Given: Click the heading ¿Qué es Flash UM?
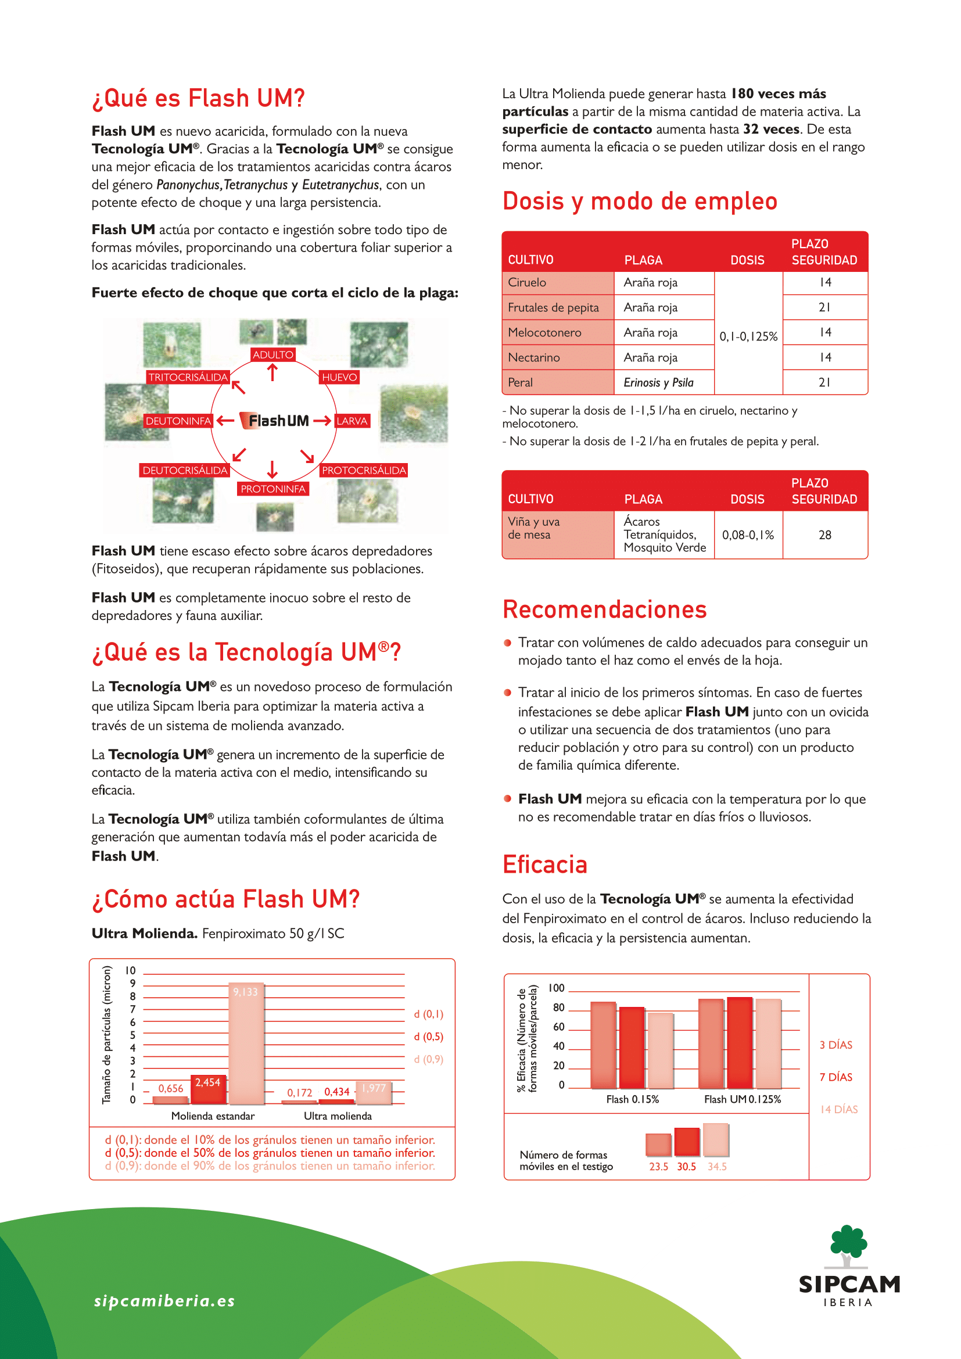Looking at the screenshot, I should click(x=198, y=98).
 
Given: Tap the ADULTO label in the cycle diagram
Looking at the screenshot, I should click(x=273, y=354).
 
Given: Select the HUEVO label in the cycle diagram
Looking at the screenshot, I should click(x=339, y=377).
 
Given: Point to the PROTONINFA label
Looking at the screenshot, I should click(x=273, y=489).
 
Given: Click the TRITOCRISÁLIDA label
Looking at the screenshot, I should click(x=188, y=377).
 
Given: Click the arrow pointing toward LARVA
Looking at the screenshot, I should click(x=322, y=421).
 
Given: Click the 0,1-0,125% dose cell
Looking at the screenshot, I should click(x=748, y=336).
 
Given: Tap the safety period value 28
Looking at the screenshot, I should click(x=825, y=535).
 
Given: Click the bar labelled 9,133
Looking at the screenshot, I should click(x=246, y=1044).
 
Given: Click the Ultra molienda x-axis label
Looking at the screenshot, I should click(x=338, y=1116).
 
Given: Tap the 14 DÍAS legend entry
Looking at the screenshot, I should click(x=838, y=1109).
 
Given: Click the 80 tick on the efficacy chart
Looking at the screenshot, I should click(x=558, y=1007).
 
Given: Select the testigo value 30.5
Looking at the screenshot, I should click(x=686, y=1167).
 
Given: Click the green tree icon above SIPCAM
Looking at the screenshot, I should click(x=848, y=1244).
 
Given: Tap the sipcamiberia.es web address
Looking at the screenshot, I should click(x=164, y=1300).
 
